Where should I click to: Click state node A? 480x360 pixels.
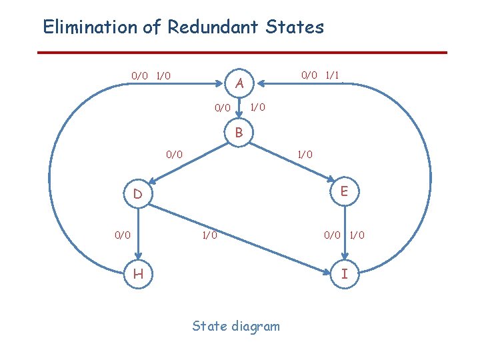[241, 84]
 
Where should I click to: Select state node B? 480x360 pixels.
[239, 133]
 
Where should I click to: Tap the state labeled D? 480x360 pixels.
[137, 195]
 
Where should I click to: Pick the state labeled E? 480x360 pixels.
[344, 191]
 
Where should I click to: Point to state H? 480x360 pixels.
[137, 273]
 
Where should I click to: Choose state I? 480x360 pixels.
[344, 273]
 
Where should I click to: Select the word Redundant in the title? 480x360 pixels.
[204, 27]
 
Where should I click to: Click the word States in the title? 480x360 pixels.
[294, 27]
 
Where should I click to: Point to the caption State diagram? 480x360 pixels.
[236, 326]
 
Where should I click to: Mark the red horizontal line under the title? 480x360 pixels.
[241, 53]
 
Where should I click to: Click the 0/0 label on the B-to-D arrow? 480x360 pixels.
[174, 155]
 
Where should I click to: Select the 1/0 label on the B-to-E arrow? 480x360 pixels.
[305, 155]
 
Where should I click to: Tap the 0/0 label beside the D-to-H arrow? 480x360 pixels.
[122, 235]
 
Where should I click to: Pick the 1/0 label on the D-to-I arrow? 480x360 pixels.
[209, 235]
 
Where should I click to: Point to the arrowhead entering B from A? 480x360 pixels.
[239, 121]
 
